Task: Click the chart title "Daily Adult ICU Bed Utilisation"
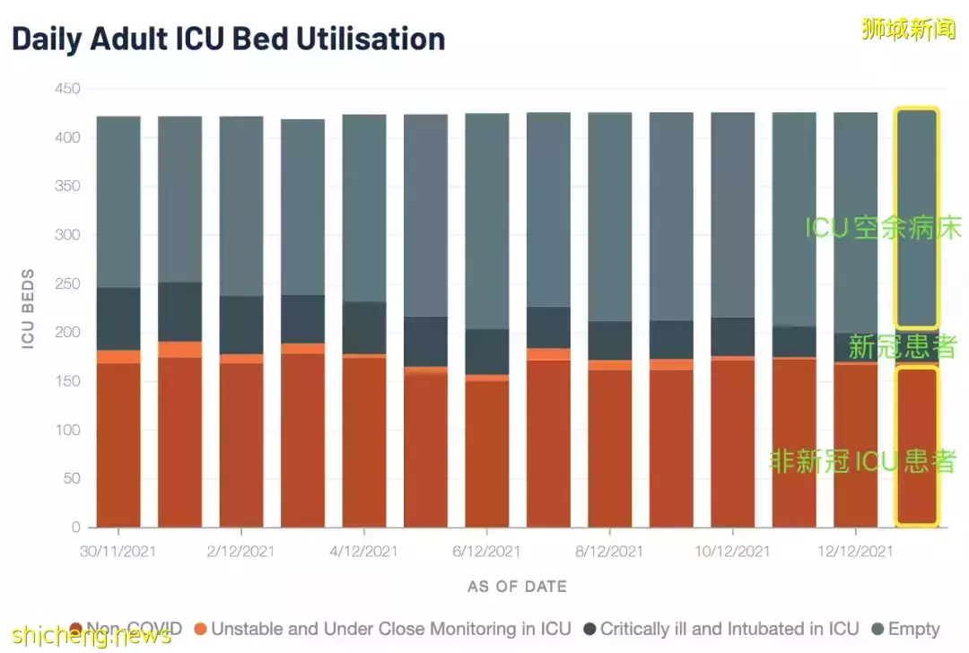coord(229,39)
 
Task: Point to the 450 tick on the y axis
coord(67,89)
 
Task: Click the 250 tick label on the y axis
coord(67,283)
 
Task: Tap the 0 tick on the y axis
coord(75,527)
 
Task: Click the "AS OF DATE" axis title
coord(517,587)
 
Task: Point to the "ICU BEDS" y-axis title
coord(28,309)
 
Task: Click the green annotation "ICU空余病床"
coord(883,228)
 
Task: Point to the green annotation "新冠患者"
coord(903,346)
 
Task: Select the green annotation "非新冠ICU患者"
coord(862,461)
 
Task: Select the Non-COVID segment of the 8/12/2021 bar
coord(610,448)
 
